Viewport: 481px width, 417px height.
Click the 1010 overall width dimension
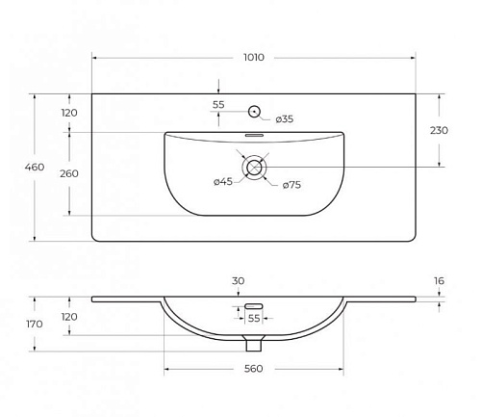(254, 58)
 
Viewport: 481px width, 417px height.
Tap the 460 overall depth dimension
(35, 167)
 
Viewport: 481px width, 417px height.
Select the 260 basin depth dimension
(69, 173)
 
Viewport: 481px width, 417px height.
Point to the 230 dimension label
(439, 130)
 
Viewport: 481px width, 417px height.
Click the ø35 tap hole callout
(285, 119)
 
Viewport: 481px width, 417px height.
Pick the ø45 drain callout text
(223, 182)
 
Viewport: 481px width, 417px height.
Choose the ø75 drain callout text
(291, 185)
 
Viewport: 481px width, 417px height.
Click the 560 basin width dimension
(254, 369)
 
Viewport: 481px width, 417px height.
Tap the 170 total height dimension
(35, 324)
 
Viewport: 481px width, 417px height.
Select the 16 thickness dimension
(439, 281)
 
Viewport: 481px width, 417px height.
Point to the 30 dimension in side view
(238, 281)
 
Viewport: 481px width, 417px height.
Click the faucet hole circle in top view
(255, 112)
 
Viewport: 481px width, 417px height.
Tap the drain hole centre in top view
(255, 167)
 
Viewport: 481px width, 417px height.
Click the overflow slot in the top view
(254, 135)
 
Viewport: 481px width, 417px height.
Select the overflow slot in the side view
(254, 306)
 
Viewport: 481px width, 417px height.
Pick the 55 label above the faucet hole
(218, 105)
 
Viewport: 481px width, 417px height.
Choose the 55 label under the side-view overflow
(254, 319)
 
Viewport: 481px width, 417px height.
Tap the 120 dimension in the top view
(69, 113)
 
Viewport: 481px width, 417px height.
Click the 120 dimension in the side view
(69, 317)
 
